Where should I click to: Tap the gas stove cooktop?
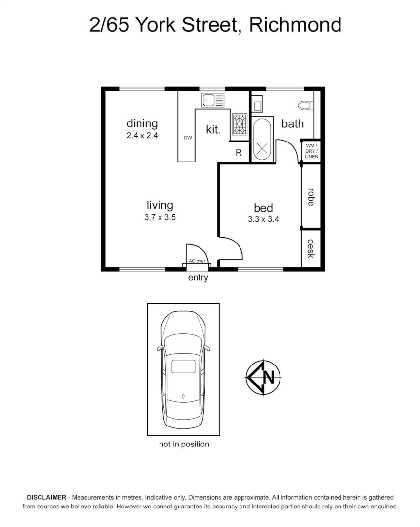[x=239, y=124]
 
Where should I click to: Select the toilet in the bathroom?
[x=305, y=105]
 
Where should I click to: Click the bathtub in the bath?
[x=262, y=140]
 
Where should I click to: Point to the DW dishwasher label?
[x=188, y=138]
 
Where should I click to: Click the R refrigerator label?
[x=239, y=153]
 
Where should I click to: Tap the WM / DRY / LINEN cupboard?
[x=312, y=151]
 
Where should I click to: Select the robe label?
[x=311, y=197]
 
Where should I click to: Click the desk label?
[x=311, y=249]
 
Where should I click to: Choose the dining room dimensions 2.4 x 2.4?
[x=142, y=136]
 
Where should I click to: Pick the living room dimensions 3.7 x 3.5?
[x=160, y=217]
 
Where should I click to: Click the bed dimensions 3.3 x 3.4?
[x=263, y=219]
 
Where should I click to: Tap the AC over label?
[x=197, y=261]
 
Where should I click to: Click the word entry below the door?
[x=198, y=278]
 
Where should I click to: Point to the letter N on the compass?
[x=269, y=377]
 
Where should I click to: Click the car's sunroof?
[x=183, y=366]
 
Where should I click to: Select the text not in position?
[x=184, y=444]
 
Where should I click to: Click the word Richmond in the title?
[x=295, y=25]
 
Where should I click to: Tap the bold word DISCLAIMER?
[x=47, y=497]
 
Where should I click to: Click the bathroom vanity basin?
[x=258, y=103]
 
